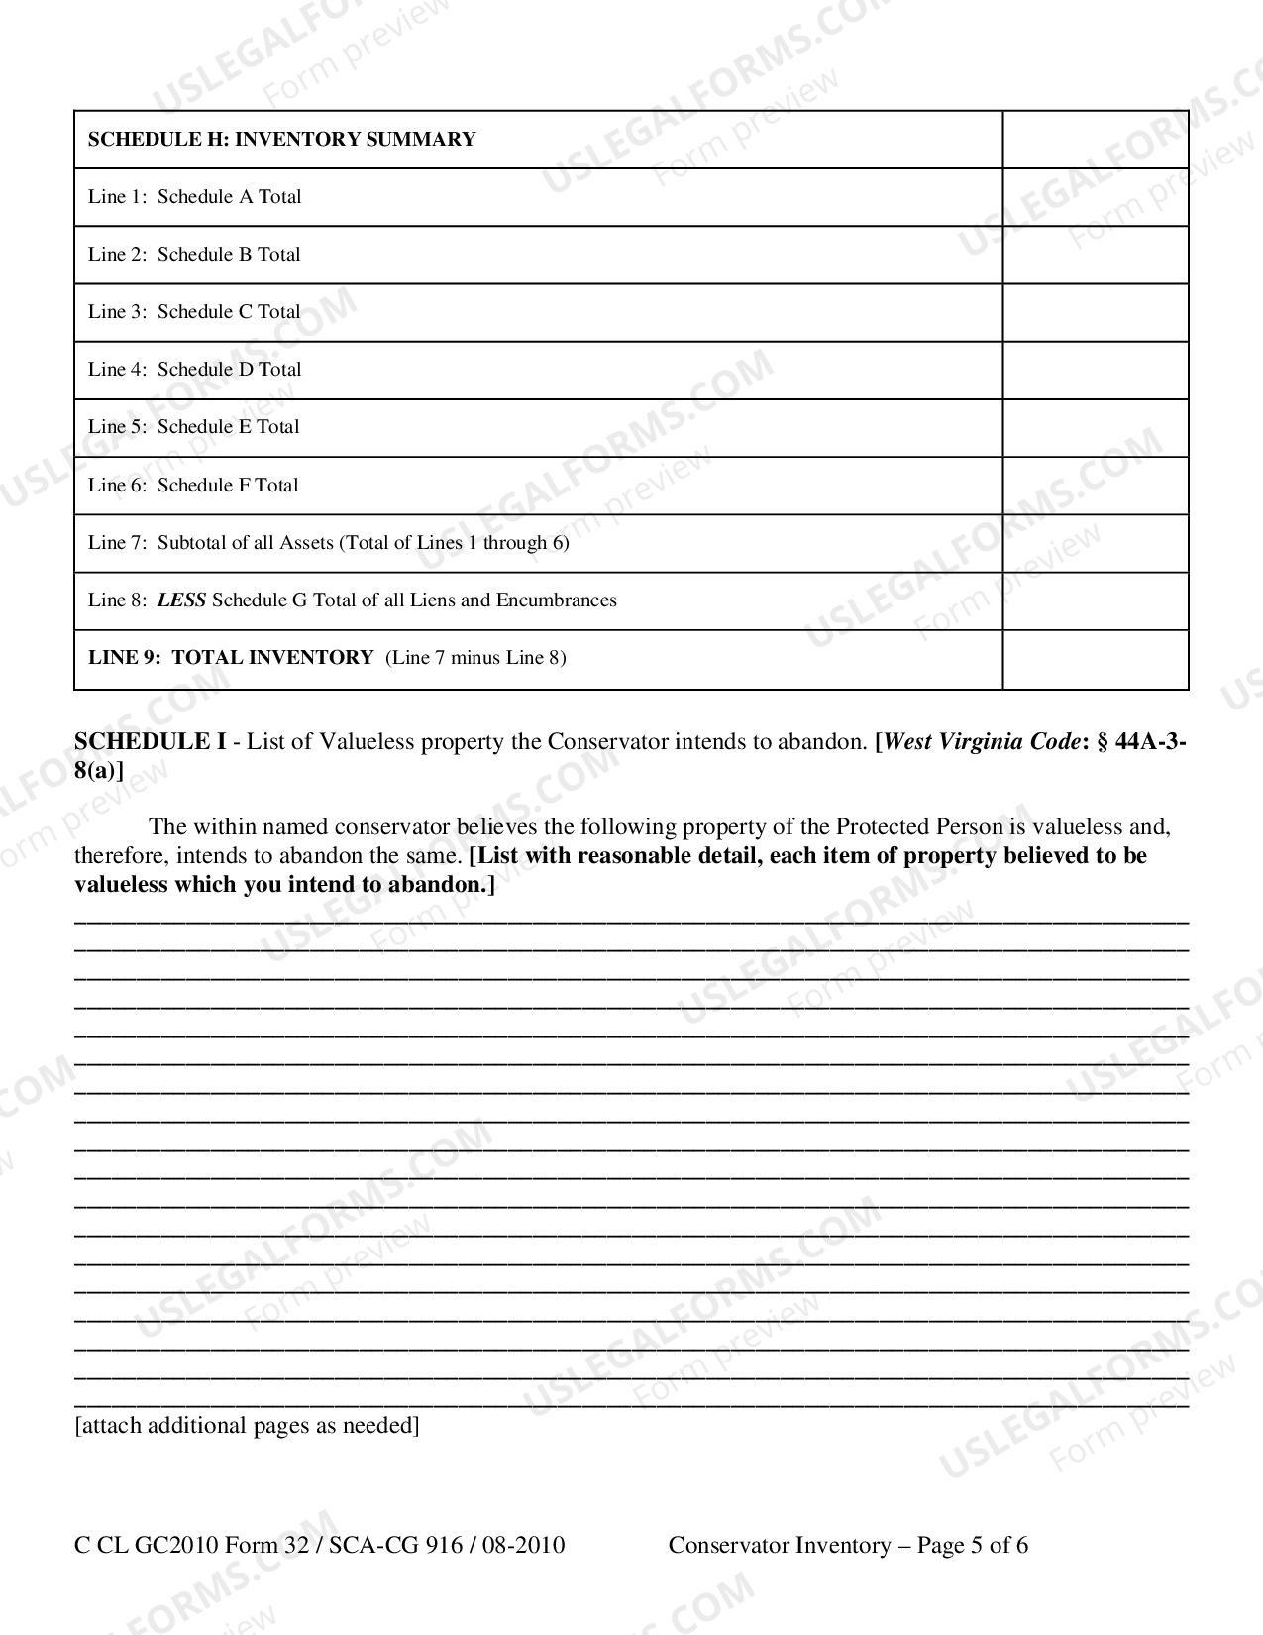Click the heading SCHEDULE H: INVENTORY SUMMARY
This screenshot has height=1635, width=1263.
(281, 140)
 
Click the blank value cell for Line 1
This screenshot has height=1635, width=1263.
(1095, 197)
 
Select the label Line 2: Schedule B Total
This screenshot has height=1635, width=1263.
(194, 255)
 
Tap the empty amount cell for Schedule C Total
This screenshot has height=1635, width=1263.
(1095, 312)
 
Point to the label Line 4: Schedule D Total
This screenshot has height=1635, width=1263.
(194, 370)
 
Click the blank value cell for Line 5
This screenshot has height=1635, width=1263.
(1095, 428)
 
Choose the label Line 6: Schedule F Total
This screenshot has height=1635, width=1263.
(193, 486)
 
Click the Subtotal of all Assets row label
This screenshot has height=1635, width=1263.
(328, 543)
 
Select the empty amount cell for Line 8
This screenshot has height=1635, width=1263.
(1095, 600)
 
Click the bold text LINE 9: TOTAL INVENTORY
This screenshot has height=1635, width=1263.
(231, 658)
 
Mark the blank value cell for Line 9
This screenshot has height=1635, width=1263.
(1095, 659)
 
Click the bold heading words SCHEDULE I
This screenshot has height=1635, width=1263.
(150, 742)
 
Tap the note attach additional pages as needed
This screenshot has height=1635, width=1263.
(247, 1426)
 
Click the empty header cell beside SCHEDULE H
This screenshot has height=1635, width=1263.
(1095, 140)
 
